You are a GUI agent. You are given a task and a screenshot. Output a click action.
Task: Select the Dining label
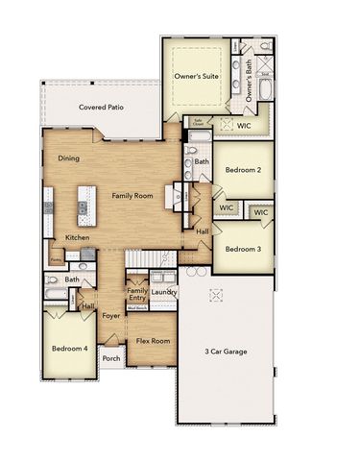tap(68, 158)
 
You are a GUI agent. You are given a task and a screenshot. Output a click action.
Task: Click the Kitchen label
tap(78, 237)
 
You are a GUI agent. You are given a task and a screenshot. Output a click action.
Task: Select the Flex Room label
tap(153, 341)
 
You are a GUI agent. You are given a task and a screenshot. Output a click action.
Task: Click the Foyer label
tap(112, 313)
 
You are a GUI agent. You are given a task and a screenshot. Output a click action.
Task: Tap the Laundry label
tap(163, 292)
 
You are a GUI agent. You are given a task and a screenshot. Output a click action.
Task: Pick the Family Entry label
tap(137, 295)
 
